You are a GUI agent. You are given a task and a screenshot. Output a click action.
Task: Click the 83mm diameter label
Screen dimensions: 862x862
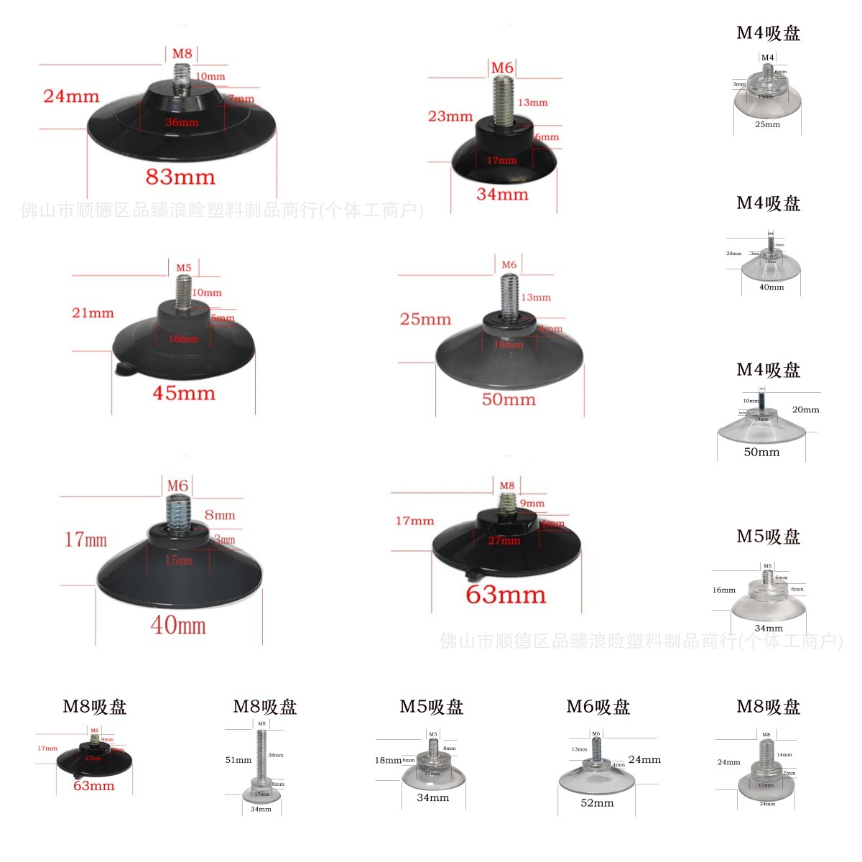coord(180,177)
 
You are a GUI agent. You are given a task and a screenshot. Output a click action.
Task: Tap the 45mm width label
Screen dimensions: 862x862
coord(184,393)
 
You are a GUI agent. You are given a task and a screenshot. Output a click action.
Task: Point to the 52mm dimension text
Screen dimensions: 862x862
coord(597,803)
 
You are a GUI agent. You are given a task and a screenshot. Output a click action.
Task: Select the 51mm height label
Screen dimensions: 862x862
coord(238,760)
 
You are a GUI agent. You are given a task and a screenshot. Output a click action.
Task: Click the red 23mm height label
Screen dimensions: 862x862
coord(450,116)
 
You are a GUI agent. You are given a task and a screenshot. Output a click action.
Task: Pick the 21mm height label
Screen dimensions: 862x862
coord(93,313)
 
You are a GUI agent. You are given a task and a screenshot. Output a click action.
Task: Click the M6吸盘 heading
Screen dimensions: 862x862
coord(598,707)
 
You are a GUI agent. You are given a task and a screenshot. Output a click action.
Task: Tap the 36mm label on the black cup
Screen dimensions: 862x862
coord(182,122)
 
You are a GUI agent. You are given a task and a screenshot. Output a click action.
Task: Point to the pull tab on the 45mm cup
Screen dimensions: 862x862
coord(123,369)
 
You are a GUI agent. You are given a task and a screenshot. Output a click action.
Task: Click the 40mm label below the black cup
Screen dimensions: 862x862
coord(178,625)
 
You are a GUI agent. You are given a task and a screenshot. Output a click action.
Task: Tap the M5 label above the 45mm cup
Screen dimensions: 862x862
coord(184,268)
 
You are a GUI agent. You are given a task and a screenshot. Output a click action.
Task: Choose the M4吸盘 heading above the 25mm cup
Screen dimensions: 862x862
coord(768,33)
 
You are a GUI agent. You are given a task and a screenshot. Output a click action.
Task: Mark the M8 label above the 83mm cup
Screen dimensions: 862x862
coord(182,54)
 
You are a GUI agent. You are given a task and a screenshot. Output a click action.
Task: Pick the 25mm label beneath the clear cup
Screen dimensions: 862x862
coord(767,124)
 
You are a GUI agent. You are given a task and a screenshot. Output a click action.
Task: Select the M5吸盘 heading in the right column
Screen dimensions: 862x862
coord(768,537)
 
